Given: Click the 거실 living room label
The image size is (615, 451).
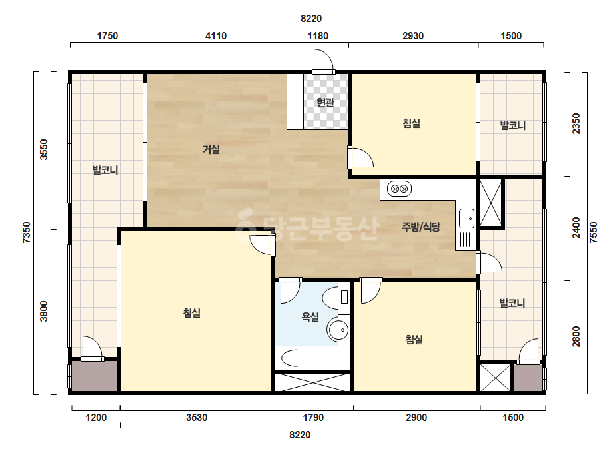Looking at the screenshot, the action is (211, 149).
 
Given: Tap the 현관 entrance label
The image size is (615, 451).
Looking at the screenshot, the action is (326, 103).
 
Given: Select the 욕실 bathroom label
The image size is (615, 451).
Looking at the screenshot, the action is (310, 317).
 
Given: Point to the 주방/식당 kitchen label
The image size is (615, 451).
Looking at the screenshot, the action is (421, 227).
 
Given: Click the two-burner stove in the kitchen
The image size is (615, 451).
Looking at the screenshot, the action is (399, 189).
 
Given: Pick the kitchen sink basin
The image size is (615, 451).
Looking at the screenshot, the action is (466, 218).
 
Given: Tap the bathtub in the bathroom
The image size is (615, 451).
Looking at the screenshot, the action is (312, 358).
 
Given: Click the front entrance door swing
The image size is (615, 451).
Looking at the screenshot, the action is (324, 61).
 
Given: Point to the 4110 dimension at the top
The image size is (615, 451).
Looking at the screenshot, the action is (216, 36).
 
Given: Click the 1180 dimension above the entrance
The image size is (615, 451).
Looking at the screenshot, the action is (318, 36).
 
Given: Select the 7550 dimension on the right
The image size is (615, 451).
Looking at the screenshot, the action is (594, 233).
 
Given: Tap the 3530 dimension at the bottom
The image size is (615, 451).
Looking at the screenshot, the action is (197, 417).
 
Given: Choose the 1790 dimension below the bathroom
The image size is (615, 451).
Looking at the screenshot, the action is (313, 417).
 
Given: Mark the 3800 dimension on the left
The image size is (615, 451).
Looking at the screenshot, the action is (44, 311).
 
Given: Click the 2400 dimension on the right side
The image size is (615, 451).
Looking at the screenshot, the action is (576, 228).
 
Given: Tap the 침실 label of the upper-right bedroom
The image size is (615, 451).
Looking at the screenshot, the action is (411, 123).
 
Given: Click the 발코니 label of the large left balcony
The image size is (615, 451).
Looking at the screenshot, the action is (105, 170).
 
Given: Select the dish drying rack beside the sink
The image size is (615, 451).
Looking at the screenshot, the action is (466, 240).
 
